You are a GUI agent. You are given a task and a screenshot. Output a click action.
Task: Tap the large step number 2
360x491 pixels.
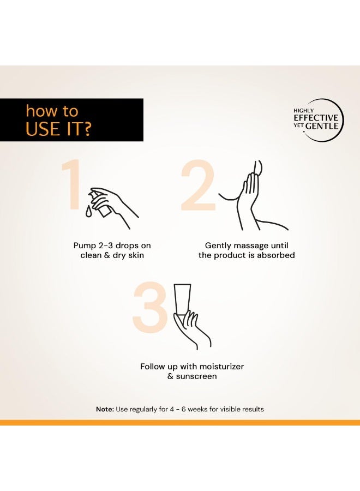point(198,185)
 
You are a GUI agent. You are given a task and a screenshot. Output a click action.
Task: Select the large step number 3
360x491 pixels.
point(149,307)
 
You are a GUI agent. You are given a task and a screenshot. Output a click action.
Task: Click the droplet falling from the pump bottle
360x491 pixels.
point(89,211)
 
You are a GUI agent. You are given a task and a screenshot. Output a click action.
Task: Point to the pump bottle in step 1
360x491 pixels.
point(100,204)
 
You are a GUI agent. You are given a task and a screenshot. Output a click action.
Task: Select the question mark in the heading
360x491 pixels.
point(87,129)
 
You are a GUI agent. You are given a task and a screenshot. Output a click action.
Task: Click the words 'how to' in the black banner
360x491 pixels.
point(52,111)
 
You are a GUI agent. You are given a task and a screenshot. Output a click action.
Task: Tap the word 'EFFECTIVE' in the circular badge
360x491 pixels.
point(316,118)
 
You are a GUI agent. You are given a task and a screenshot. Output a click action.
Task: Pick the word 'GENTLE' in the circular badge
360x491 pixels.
point(322,126)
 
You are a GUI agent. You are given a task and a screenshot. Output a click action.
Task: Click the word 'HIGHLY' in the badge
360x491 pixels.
point(303,111)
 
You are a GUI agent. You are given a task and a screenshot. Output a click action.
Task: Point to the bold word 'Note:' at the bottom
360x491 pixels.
point(105,409)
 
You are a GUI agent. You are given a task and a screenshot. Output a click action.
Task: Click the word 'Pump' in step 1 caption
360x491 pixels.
point(84,246)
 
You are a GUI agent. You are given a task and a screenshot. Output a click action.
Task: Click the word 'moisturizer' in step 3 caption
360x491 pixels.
point(221,367)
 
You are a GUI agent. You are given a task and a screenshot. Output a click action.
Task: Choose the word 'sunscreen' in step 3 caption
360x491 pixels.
point(196,376)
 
